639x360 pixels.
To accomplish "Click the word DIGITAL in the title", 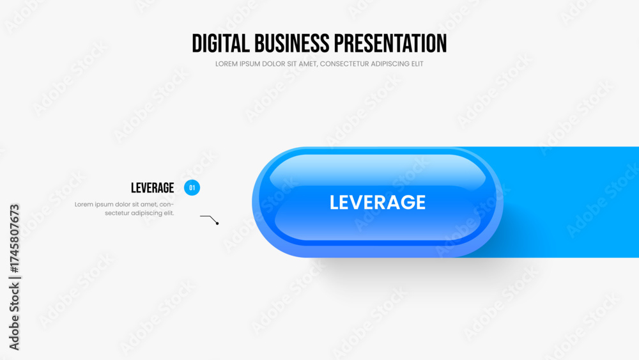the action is point(220,43).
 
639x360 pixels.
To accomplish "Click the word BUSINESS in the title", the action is point(292,43).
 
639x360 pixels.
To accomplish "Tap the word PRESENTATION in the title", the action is point(390,43).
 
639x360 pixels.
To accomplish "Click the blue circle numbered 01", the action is point(192,187).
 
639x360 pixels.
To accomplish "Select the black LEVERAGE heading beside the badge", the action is point(153,188).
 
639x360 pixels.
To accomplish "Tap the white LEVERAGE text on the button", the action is point(378,202).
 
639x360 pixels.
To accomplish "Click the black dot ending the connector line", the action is point(217,223).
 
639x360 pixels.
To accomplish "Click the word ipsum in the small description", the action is point(103,205).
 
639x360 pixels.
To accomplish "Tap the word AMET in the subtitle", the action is point(308,64).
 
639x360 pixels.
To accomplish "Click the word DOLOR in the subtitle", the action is point(273,64).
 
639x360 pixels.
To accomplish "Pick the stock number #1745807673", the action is point(14,239).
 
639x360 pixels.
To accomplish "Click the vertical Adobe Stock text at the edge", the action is point(14,317).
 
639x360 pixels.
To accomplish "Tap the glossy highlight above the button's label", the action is point(378,170).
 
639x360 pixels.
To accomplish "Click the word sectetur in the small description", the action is point(117,213).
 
